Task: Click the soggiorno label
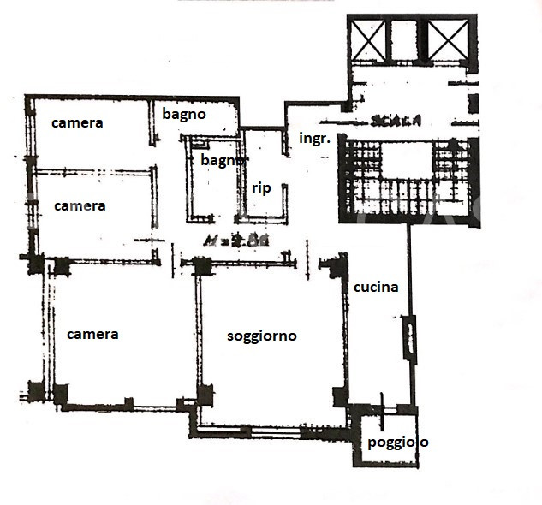click(261, 336)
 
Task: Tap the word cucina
click(376, 288)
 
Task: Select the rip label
click(261, 188)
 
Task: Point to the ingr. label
click(314, 137)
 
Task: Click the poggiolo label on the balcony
click(398, 443)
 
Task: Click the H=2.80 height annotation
click(237, 241)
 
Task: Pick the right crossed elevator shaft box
click(448, 39)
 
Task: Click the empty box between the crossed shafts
click(408, 39)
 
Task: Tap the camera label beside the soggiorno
click(92, 334)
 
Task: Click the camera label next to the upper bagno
click(77, 122)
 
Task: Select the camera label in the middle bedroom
click(80, 206)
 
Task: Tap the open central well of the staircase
click(405, 163)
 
